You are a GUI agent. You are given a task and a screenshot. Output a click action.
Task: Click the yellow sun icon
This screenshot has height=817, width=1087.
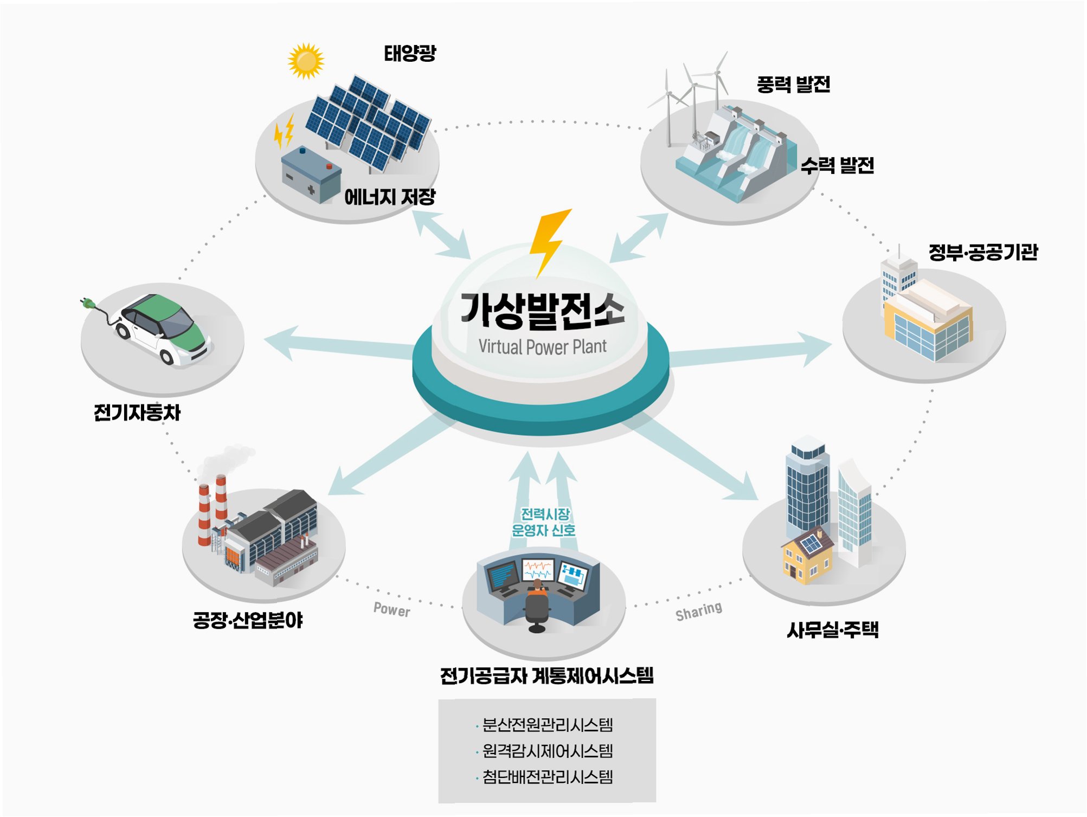pyautogui.click(x=306, y=61)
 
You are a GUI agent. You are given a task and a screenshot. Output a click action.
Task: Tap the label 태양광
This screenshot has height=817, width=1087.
pyautogui.click(x=410, y=53)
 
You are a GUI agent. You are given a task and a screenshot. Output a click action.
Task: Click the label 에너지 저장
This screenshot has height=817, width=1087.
pyautogui.click(x=390, y=196)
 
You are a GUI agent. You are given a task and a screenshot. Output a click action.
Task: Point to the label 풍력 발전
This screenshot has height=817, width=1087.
pyautogui.click(x=793, y=84)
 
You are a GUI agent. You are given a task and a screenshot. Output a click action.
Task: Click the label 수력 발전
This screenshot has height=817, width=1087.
pyautogui.click(x=837, y=165)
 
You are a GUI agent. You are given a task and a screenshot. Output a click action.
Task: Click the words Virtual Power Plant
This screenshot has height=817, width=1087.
pyautogui.click(x=542, y=346)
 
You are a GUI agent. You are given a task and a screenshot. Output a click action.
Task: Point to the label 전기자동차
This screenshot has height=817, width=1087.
pyautogui.click(x=137, y=413)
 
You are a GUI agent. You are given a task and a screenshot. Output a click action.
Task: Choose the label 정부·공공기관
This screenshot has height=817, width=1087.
pyautogui.click(x=983, y=252)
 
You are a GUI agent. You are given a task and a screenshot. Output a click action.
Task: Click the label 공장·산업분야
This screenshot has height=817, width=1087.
pyautogui.click(x=248, y=620)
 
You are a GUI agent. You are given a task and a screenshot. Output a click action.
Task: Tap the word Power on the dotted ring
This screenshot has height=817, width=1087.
pyautogui.click(x=391, y=610)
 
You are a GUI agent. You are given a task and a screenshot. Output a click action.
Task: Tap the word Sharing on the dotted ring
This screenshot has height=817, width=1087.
pyautogui.click(x=698, y=611)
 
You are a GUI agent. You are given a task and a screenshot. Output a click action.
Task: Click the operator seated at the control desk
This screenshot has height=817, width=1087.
pyautogui.click(x=537, y=602)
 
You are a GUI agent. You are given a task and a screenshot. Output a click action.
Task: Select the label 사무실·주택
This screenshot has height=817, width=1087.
pyautogui.click(x=833, y=630)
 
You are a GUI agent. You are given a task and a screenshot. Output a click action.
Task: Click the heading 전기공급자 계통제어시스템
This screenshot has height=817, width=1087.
pyautogui.click(x=546, y=676)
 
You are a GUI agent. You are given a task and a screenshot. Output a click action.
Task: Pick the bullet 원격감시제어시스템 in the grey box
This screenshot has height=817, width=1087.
pyautogui.click(x=547, y=751)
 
